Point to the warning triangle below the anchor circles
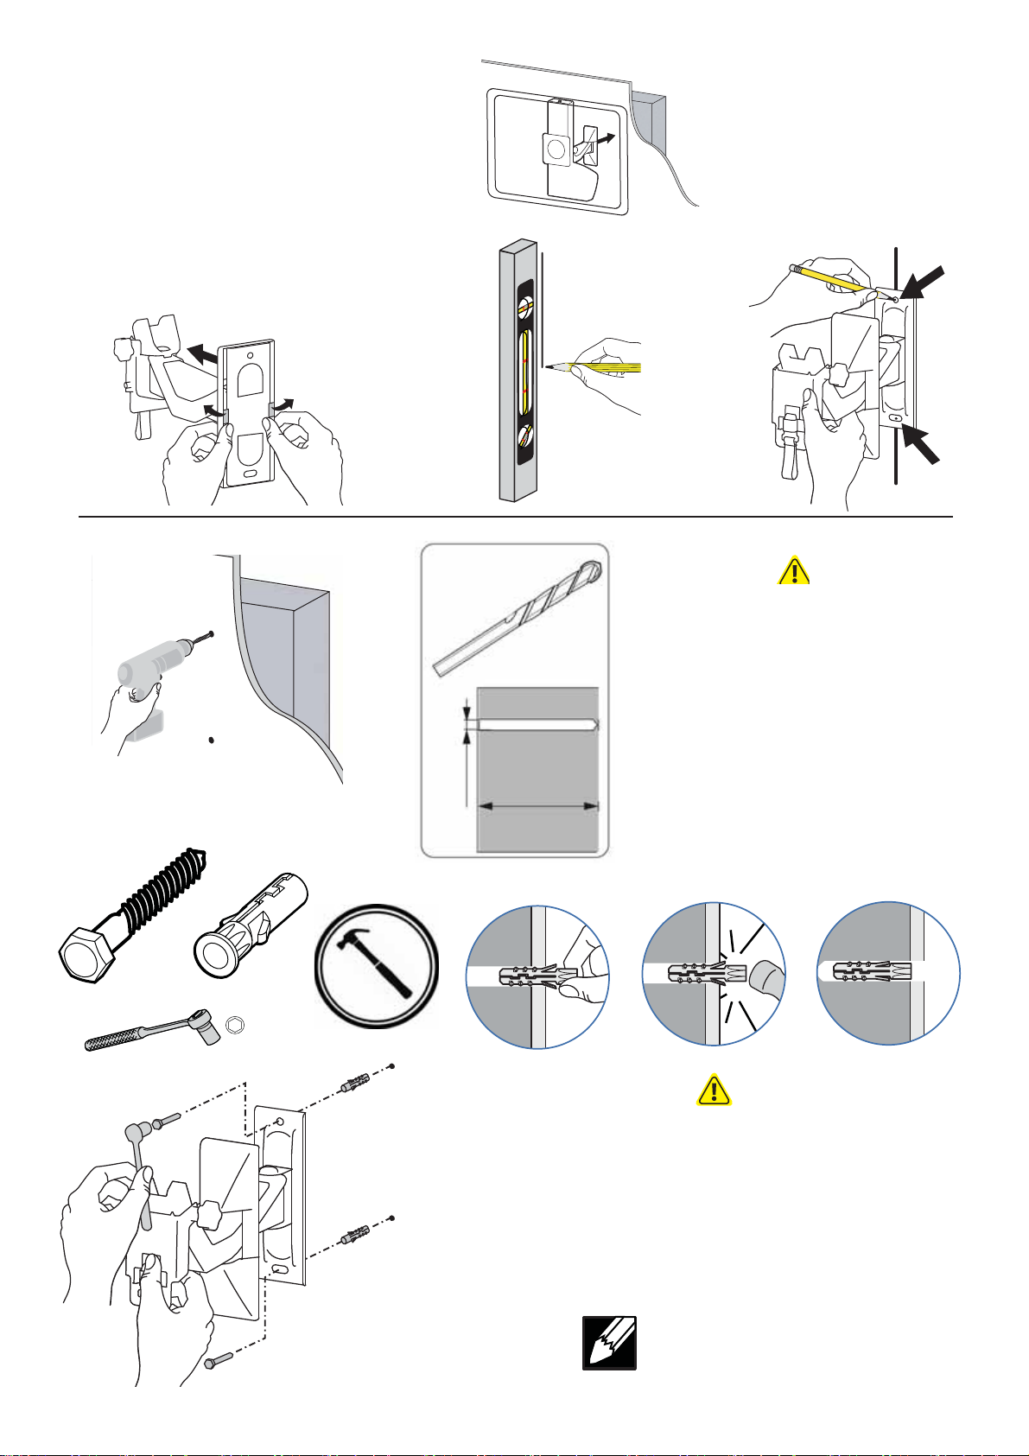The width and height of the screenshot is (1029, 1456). click(714, 1090)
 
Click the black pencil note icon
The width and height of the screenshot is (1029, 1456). click(609, 1343)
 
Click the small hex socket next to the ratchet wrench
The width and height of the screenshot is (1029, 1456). click(232, 1025)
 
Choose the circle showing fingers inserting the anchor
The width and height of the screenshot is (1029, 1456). click(537, 976)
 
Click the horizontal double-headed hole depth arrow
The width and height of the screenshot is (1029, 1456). click(538, 806)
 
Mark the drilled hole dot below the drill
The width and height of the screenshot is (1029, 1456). click(212, 741)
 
